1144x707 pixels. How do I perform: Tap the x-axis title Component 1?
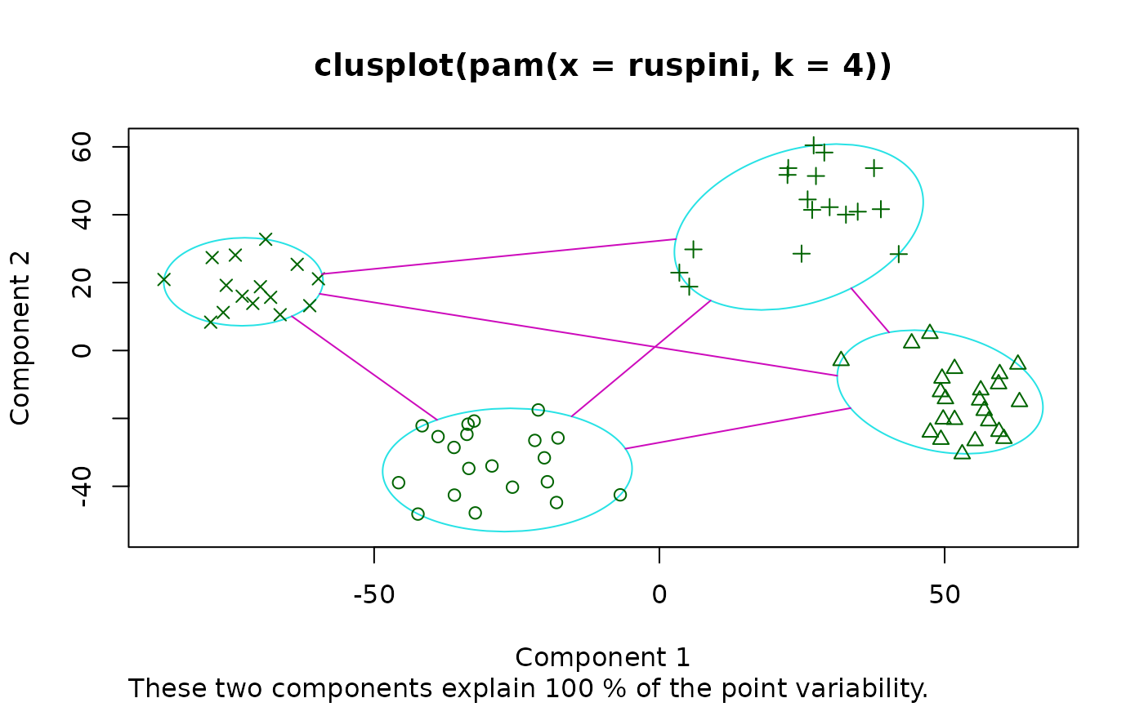point(602,657)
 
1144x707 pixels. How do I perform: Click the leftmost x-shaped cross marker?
point(163,280)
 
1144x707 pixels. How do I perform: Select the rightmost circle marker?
point(620,495)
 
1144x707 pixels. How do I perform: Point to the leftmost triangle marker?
point(841,359)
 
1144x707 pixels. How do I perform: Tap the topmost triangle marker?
point(929,331)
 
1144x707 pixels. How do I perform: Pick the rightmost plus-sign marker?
point(899,254)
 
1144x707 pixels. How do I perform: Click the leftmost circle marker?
point(399,482)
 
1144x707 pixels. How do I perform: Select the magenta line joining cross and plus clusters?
point(498,256)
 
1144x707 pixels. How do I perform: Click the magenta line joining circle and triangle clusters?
point(735,429)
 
